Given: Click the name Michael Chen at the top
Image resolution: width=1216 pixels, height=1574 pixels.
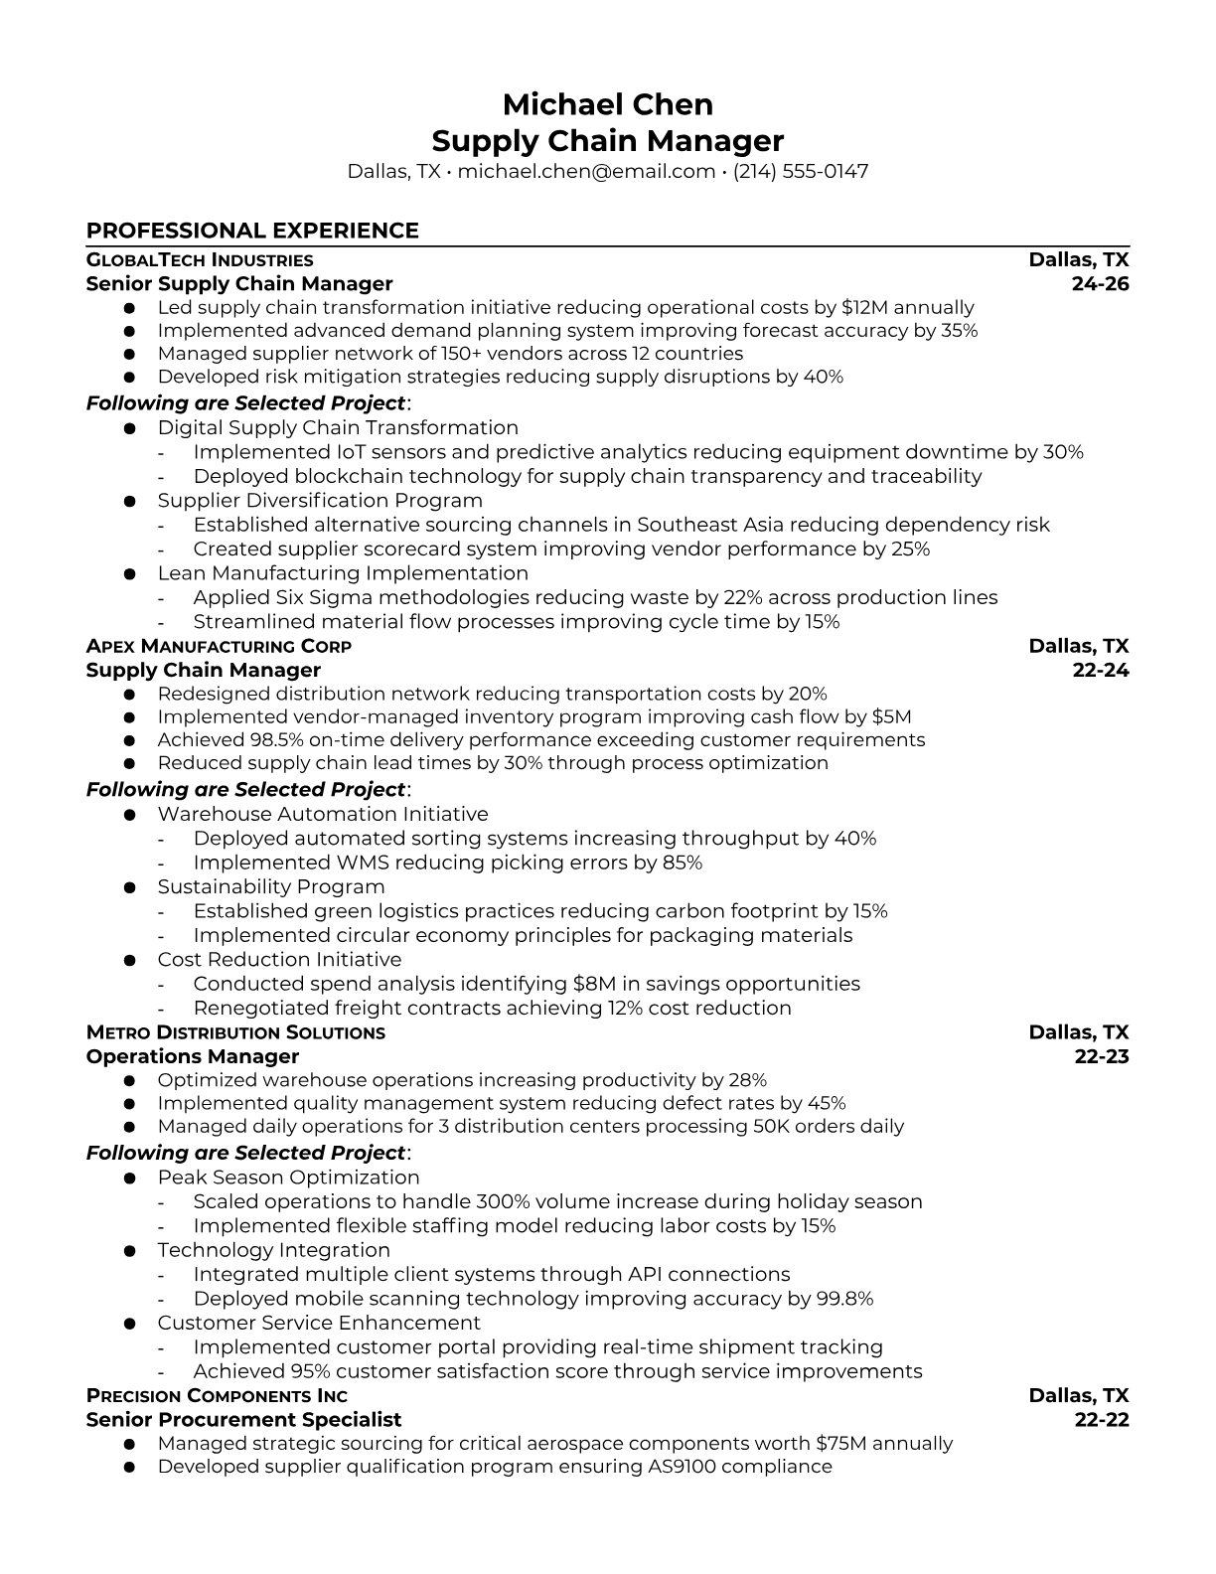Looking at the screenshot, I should point(607,104).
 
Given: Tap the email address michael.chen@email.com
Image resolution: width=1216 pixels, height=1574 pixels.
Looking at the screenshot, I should point(586,171).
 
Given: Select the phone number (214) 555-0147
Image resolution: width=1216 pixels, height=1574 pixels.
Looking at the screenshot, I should point(801,171).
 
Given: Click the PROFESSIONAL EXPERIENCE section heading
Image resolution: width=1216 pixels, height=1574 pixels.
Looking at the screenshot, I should point(252,231).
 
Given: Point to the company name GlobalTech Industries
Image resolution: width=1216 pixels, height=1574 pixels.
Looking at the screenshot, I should point(200,260).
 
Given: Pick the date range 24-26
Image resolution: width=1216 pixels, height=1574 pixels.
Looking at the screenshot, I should point(1100,284).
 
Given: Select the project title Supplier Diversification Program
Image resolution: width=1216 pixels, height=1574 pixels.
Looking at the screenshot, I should point(320,501).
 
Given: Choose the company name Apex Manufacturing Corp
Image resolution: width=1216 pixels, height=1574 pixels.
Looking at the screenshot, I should point(219,646).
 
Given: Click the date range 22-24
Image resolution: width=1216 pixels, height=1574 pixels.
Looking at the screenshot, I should point(1100,671).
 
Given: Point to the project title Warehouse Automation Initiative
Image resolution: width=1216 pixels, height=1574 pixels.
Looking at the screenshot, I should point(323,814).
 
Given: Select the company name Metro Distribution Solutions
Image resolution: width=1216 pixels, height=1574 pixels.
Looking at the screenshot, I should point(235,1032).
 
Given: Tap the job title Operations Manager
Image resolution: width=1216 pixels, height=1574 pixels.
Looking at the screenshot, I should point(193,1056).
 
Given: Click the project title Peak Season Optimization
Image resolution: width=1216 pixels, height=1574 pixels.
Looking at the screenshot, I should point(288,1178).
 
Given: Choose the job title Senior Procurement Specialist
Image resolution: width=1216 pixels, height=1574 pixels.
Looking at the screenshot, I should point(243,1420).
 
